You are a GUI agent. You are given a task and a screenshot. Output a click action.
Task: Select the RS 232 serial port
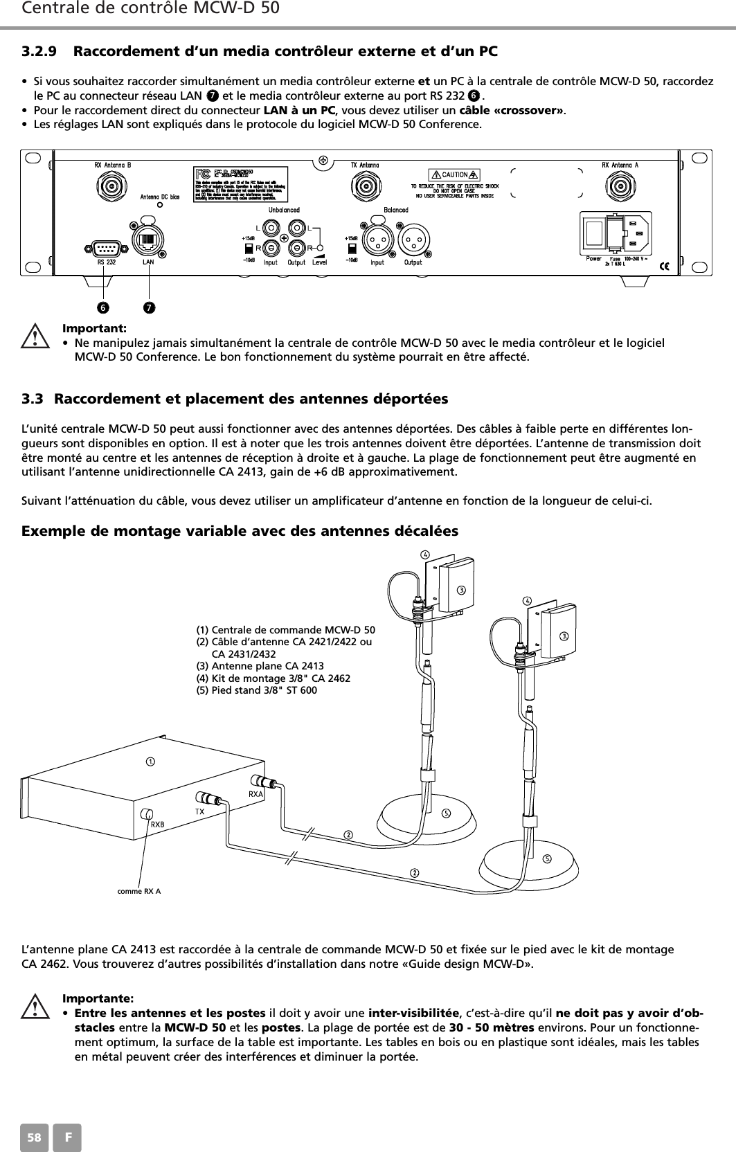(106, 247)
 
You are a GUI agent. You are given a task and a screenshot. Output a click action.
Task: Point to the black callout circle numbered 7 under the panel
(148, 306)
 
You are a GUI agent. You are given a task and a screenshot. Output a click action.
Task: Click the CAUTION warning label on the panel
(454, 174)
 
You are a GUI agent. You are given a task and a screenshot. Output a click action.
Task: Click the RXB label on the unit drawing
(158, 824)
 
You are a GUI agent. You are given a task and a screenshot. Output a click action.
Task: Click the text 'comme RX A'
(139, 890)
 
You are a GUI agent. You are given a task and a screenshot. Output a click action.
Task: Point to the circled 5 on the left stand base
(447, 812)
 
